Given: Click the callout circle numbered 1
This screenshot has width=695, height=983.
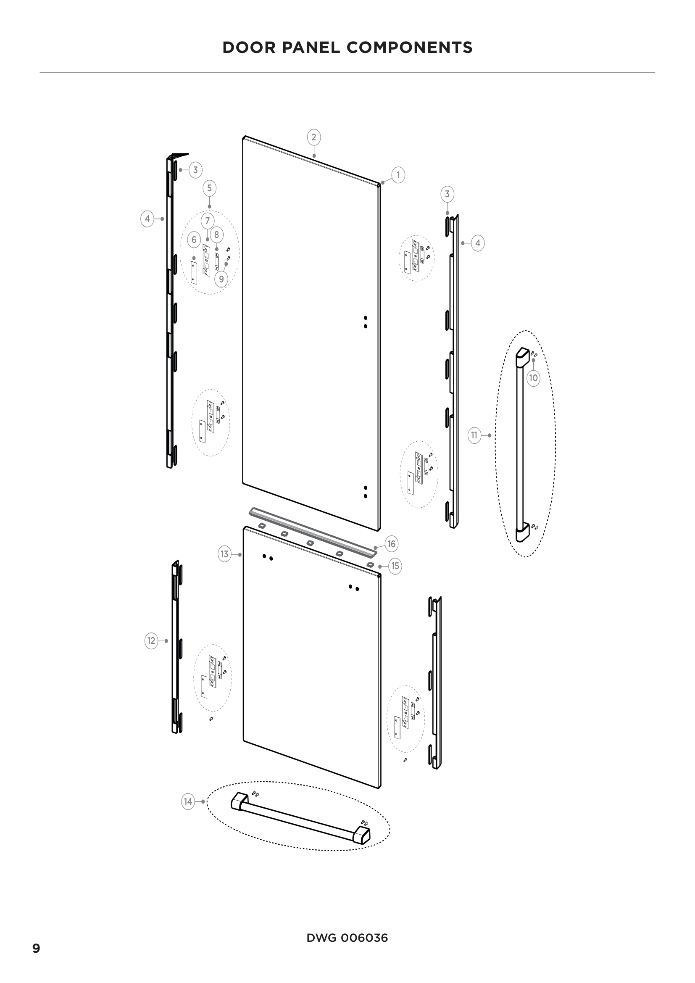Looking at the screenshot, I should pyautogui.click(x=398, y=175).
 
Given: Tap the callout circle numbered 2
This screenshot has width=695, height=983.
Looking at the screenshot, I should pyautogui.click(x=314, y=137).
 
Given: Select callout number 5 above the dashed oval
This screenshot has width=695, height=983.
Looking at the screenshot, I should pyautogui.click(x=209, y=188).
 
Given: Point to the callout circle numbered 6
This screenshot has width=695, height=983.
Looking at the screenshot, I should pyautogui.click(x=194, y=240).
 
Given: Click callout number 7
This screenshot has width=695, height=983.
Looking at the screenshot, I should pyautogui.click(x=208, y=221).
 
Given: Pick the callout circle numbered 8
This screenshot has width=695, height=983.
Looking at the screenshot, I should pyautogui.click(x=216, y=235).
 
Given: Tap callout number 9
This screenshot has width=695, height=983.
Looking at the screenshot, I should pyautogui.click(x=221, y=279).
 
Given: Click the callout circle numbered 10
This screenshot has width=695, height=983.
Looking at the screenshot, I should pyautogui.click(x=533, y=378).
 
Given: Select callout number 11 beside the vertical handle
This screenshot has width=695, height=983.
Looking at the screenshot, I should pyautogui.click(x=474, y=435).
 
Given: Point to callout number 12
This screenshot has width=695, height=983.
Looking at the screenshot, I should pyautogui.click(x=151, y=641).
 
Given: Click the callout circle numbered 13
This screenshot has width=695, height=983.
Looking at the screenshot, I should pyautogui.click(x=225, y=554).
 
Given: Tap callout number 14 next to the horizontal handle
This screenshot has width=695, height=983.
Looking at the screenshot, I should pyautogui.click(x=188, y=801).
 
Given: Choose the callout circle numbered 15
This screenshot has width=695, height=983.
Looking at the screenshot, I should pyautogui.click(x=395, y=566).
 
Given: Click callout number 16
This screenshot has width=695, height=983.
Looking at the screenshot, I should pyautogui.click(x=392, y=544).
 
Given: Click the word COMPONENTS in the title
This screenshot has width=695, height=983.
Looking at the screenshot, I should pyautogui.click(x=410, y=47).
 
